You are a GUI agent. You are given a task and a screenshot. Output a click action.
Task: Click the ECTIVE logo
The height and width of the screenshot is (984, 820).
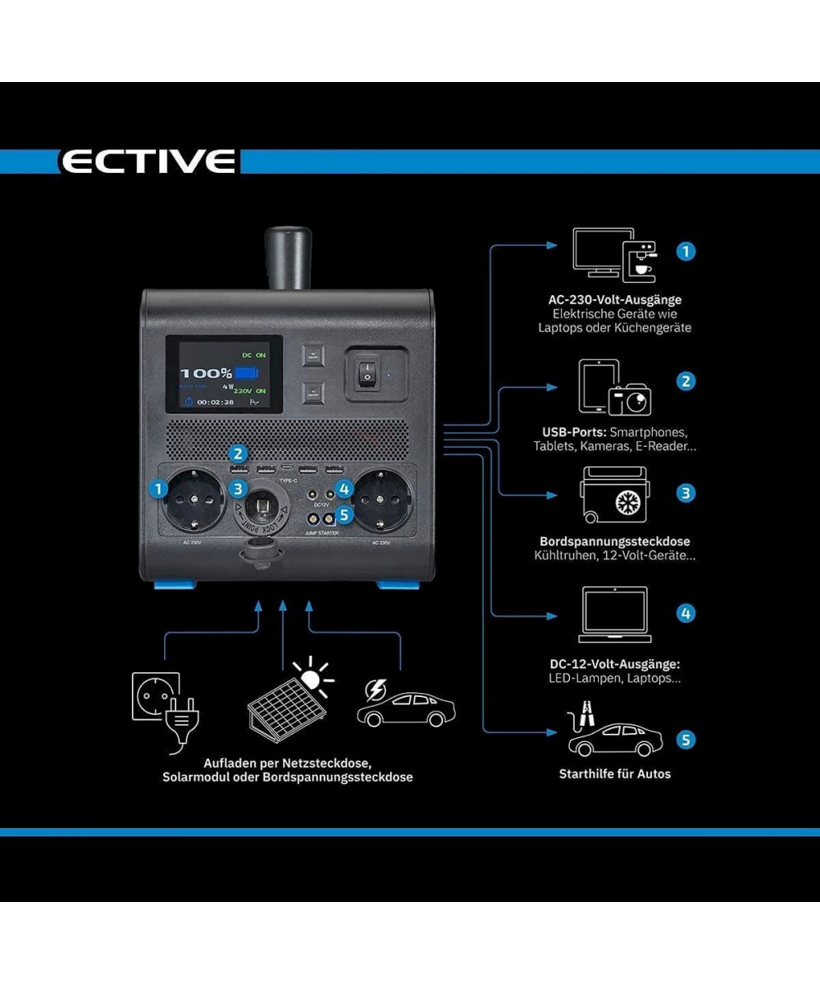(148, 161)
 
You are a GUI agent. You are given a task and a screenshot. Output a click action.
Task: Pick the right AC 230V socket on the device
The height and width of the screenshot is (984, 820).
(379, 499)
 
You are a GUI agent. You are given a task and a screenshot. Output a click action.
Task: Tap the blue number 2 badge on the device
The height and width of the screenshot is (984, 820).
(238, 453)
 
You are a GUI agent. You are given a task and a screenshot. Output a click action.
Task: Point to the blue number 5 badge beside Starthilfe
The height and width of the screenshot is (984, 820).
(686, 740)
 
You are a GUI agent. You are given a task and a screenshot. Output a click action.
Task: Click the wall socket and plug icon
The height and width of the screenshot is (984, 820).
(162, 702)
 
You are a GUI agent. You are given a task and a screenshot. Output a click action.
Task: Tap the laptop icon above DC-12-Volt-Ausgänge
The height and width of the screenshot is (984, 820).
(614, 615)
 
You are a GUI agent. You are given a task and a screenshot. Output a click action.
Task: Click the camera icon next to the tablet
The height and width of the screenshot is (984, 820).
(630, 399)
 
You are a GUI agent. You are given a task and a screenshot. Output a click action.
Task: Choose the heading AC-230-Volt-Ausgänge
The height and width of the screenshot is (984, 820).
(615, 299)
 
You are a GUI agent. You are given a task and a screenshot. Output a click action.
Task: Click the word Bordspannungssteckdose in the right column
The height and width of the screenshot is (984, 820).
(614, 542)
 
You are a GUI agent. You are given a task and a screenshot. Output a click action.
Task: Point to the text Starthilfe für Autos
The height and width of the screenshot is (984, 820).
(614, 773)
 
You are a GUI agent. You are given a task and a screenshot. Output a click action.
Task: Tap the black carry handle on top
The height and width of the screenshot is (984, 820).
(285, 259)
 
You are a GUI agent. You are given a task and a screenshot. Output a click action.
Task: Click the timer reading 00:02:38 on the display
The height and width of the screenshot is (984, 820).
(215, 403)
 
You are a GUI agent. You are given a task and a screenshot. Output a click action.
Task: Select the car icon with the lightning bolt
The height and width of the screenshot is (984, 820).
(406, 705)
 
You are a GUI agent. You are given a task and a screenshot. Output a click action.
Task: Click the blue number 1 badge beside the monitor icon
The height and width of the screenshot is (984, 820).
(686, 251)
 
